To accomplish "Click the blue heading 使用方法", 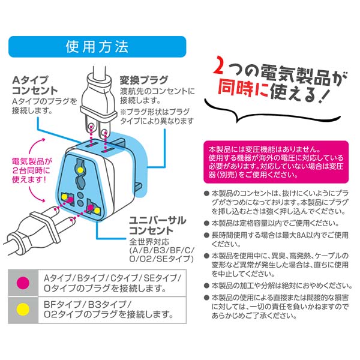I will pyautogui.click(x=96, y=45).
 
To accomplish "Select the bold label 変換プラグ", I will pyautogui.click(x=145, y=80).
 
